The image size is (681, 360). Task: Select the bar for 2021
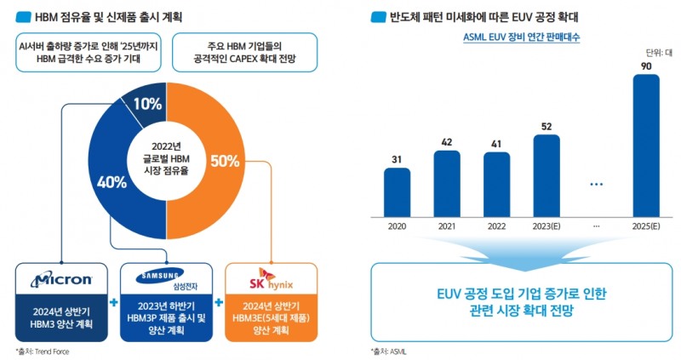[447, 181]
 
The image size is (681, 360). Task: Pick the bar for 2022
[496, 182]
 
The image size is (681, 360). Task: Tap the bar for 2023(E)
[547, 174]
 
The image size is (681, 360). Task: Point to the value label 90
[647, 65]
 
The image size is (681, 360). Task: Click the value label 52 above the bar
[547, 126]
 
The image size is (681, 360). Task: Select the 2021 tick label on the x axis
[447, 226]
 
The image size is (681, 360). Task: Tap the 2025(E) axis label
[647, 226]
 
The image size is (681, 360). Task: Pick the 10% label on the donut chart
[146, 104]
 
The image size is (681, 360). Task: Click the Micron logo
[60, 279]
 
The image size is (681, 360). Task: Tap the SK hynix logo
[270, 277]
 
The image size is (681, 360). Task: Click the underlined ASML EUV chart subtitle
[521, 37]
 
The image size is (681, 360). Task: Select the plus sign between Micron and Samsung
[112, 302]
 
